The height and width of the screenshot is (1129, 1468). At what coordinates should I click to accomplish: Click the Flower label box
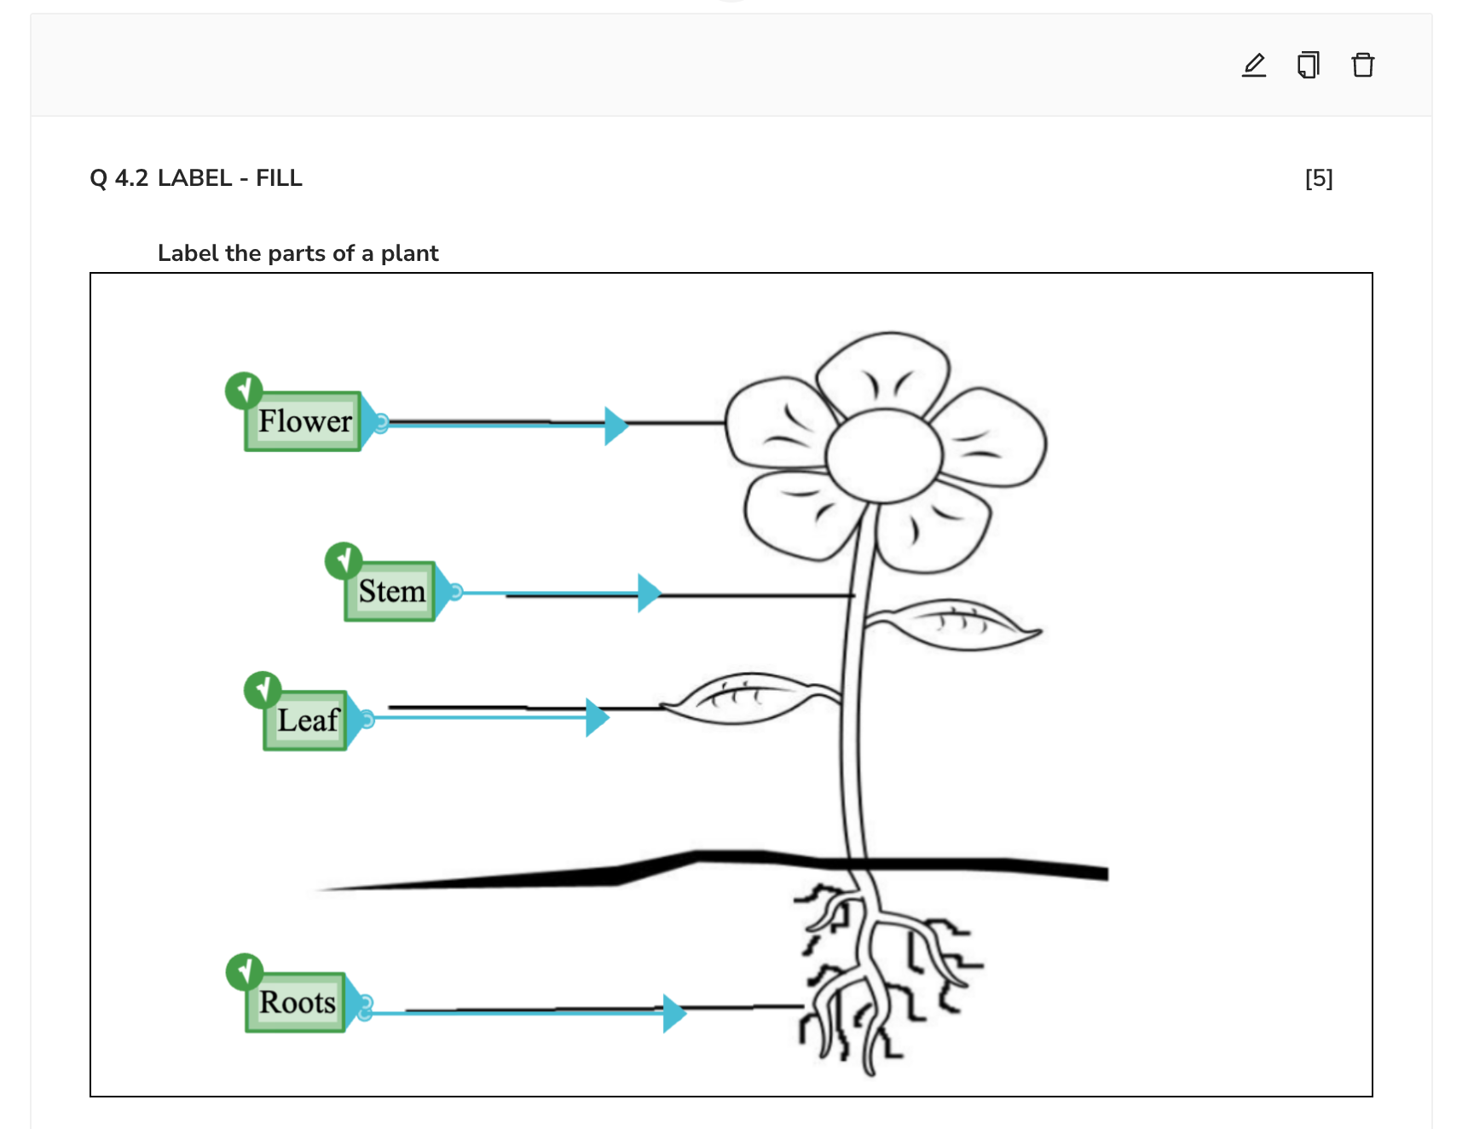(x=303, y=421)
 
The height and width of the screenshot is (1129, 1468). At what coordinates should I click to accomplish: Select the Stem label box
(x=390, y=591)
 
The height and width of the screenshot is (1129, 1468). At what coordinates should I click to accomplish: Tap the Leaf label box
(x=306, y=721)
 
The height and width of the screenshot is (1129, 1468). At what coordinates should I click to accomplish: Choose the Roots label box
(x=296, y=1003)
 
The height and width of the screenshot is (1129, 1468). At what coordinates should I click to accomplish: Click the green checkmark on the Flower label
(x=244, y=391)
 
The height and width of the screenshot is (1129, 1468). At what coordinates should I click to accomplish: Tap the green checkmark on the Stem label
(x=344, y=560)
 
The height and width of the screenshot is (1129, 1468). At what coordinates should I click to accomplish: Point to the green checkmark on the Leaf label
(x=263, y=689)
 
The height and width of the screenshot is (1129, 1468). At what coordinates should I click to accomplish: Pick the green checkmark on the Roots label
(x=245, y=971)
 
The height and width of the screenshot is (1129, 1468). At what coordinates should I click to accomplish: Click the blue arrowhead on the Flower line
(x=615, y=426)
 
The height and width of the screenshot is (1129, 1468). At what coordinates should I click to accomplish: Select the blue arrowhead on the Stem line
(x=648, y=593)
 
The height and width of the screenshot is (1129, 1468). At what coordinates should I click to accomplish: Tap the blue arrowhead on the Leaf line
(x=596, y=718)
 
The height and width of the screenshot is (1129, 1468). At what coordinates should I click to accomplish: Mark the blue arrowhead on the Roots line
(x=673, y=1013)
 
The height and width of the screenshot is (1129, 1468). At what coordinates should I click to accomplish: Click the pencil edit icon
(x=1254, y=65)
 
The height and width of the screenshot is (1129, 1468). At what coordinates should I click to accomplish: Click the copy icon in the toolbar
(x=1309, y=65)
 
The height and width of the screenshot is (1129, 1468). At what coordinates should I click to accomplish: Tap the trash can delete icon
(x=1363, y=65)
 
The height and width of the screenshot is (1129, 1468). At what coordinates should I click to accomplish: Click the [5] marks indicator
(x=1319, y=178)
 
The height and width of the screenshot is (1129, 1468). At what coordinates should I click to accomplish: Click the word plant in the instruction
(x=409, y=253)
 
